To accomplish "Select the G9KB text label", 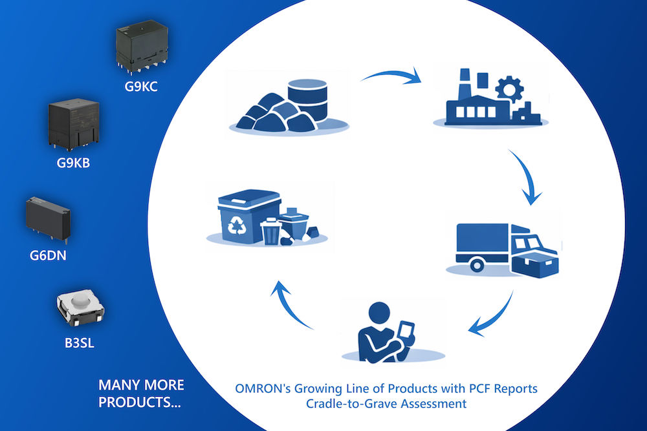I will [x=73, y=163].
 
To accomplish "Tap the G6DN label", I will [x=48, y=255].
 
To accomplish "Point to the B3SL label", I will [x=79, y=343].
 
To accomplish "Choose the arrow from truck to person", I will [x=493, y=317].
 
